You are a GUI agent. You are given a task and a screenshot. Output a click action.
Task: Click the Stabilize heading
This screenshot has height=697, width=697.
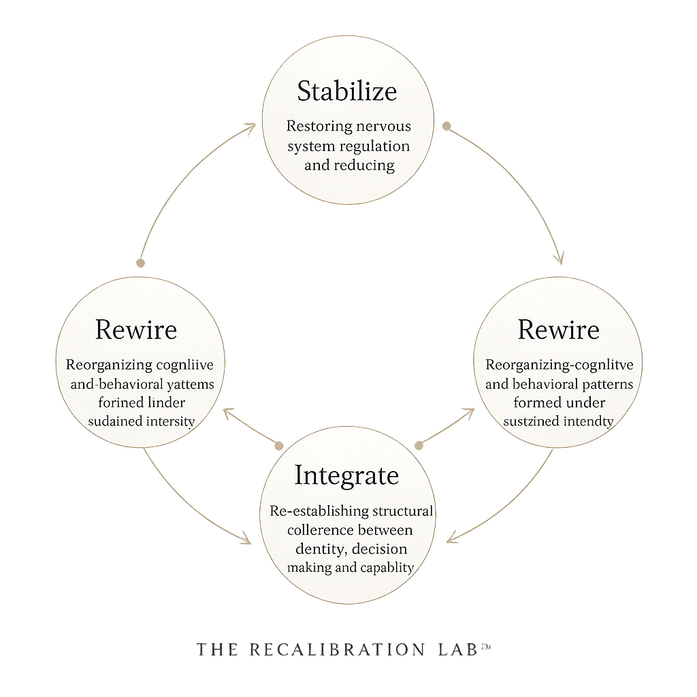(347, 91)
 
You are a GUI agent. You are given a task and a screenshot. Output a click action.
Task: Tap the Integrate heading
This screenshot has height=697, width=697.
(346, 474)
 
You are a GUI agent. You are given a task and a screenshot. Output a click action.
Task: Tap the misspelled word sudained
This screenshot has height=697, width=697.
(115, 421)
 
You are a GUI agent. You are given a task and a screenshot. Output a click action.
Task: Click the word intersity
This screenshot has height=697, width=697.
(170, 421)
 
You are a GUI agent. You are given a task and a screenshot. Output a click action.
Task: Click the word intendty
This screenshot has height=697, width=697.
(589, 421)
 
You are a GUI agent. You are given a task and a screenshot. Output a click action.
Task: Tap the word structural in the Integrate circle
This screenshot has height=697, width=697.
(402, 510)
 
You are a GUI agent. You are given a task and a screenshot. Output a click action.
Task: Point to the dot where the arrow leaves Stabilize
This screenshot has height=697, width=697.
(447, 126)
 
